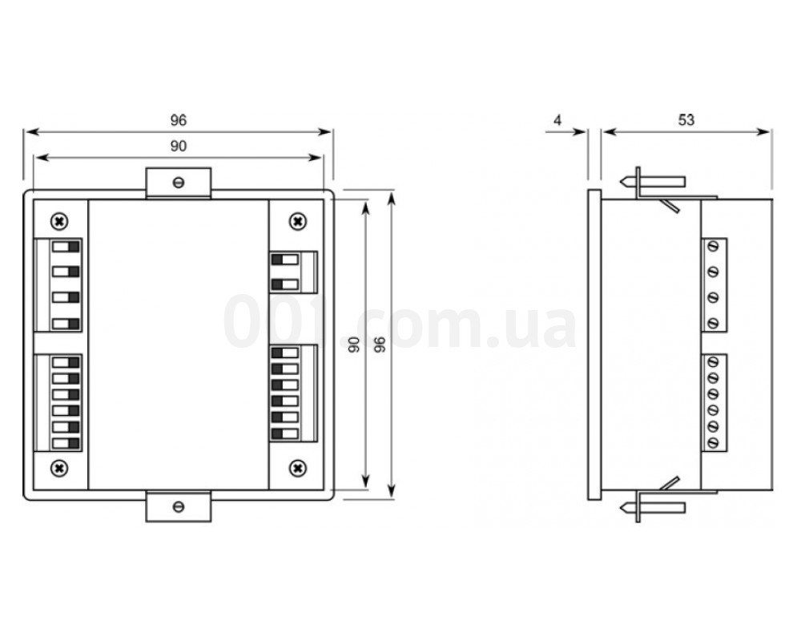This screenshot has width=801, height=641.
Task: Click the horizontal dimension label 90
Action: (x=178, y=145)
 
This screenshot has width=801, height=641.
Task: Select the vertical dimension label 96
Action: (x=380, y=345)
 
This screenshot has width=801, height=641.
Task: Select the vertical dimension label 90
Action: (x=353, y=345)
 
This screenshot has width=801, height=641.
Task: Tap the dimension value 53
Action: (x=686, y=119)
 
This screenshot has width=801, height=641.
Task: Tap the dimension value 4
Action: (x=557, y=119)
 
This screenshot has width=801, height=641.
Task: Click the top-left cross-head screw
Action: (x=59, y=221)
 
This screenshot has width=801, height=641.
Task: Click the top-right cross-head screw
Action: (x=296, y=221)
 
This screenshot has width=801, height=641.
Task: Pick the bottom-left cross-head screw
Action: (x=59, y=466)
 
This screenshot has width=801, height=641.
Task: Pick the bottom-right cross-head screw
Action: (x=296, y=466)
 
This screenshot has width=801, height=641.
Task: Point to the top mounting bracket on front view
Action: (x=178, y=183)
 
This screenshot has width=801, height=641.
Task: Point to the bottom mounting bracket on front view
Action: (x=178, y=506)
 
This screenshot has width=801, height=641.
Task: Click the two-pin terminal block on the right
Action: (x=293, y=272)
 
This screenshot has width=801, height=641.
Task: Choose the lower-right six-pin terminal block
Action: (x=293, y=393)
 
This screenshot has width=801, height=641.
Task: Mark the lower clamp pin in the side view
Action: (x=655, y=507)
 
